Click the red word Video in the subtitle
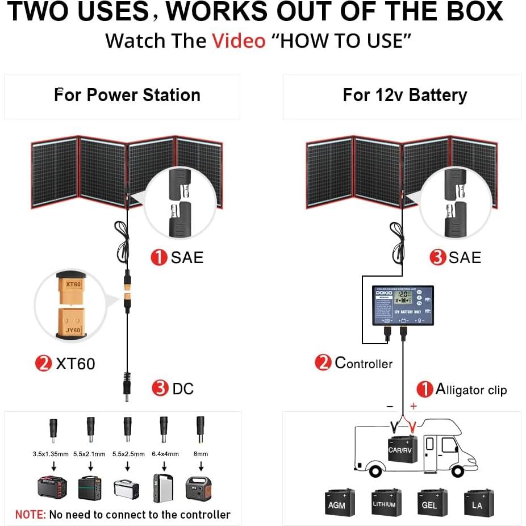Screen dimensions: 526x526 click(x=239, y=41)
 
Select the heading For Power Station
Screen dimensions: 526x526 click(x=127, y=95)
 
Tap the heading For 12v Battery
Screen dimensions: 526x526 click(x=404, y=95)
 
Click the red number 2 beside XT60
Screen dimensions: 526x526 click(x=43, y=364)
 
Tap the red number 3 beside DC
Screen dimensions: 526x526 click(x=160, y=389)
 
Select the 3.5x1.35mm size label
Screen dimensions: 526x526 click(x=51, y=454)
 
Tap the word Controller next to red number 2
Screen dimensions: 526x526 click(x=364, y=363)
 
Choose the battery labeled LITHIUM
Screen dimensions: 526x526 click(x=386, y=502)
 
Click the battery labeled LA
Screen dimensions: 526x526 click(x=477, y=502)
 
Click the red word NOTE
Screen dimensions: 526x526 click(x=30, y=515)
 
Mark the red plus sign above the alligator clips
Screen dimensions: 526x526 click(x=414, y=406)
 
